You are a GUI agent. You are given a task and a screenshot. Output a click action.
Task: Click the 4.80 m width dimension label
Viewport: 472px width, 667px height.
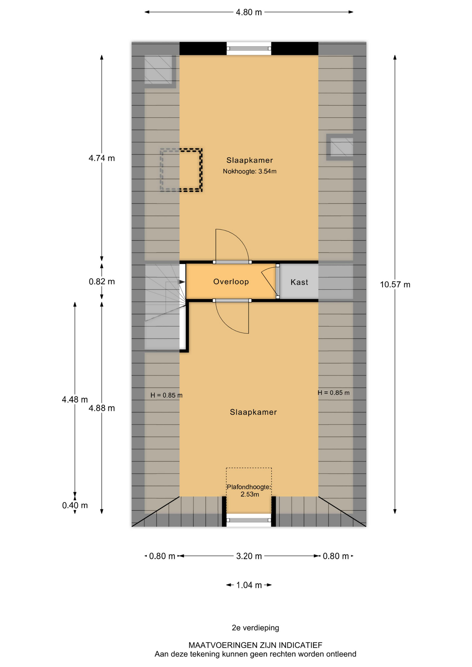pyautogui.click(x=249, y=13)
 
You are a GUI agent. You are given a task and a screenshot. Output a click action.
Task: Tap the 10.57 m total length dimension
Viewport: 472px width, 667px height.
pyautogui.click(x=395, y=285)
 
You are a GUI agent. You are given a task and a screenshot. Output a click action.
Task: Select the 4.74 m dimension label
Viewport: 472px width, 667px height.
pyautogui.click(x=101, y=158)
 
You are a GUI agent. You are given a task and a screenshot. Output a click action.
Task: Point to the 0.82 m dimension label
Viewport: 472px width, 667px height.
pyautogui.click(x=101, y=281)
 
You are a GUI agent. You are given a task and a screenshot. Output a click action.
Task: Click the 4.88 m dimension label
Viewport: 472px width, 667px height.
pyautogui.click(x=101, y=408)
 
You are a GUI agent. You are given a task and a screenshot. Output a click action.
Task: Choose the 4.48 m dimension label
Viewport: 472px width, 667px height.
pyautogui.click(x=75, y=400)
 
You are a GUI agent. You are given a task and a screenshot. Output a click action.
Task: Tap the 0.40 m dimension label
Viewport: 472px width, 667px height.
pyautogui.click(x=75, y=505)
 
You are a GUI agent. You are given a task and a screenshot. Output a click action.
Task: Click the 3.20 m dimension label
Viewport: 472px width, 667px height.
pyautogui.click(x=249, y=556)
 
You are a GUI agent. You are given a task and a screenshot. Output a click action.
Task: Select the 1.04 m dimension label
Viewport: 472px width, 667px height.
pyautogui.click(x=249, y=585)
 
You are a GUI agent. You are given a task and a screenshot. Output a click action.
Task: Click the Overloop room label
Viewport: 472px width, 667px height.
pyautogui.click(x=231, y=281)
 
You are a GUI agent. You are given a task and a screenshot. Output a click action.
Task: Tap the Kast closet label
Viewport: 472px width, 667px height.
pyautogui.click(x=299, y=282)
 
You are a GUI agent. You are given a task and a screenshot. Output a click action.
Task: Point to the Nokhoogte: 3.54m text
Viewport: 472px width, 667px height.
pyautogui.click(x=250, y=171)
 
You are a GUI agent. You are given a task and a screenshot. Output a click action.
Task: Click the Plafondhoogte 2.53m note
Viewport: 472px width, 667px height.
pyautogui.click(x=249, y=491)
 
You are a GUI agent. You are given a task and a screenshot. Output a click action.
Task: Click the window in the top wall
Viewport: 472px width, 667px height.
pyautogui.click(x=249, y=49)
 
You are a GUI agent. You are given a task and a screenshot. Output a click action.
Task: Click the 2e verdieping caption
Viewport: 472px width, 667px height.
pyautogui.click(x=255, y=628)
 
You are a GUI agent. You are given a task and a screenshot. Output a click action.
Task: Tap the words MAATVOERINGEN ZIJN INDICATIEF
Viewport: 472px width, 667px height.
pyautogui.click(x=255, y=645)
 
